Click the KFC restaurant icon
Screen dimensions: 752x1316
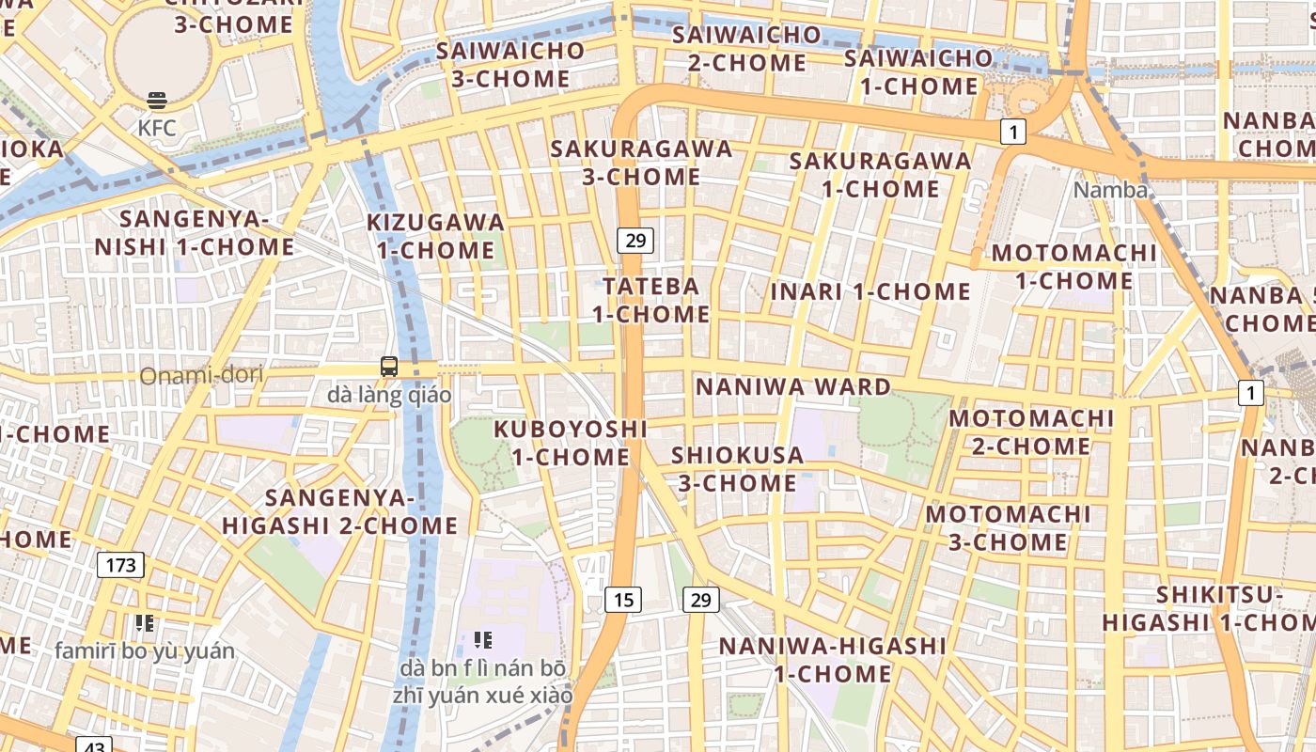pos(157,101)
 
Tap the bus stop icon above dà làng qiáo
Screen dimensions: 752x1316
pos(389,367)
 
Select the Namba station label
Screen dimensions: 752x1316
pos(1111,190)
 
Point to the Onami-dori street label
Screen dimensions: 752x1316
pos(201,376)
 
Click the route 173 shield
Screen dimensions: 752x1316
pos(120,565)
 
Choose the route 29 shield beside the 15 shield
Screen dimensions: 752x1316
pos(700,599)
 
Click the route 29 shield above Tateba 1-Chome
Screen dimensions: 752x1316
pos(635,241)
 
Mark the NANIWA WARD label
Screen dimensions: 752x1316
pos(792,386)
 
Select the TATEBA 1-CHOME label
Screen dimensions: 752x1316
pos(650,300)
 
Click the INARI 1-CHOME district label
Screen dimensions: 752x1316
pos(869,291)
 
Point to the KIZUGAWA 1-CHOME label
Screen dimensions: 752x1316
pos(435,237)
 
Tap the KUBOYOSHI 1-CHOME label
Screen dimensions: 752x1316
pos(571,443)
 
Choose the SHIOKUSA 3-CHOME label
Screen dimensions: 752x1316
pos(738,469)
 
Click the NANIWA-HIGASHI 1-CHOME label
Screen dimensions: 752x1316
pos(833,660)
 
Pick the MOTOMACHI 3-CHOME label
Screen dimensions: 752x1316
pos(1009,528)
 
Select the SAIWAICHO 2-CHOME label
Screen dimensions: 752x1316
pos(746,49)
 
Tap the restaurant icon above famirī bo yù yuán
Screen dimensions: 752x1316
pos(144,622)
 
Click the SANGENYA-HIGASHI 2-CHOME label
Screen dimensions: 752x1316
pos(339,511)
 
